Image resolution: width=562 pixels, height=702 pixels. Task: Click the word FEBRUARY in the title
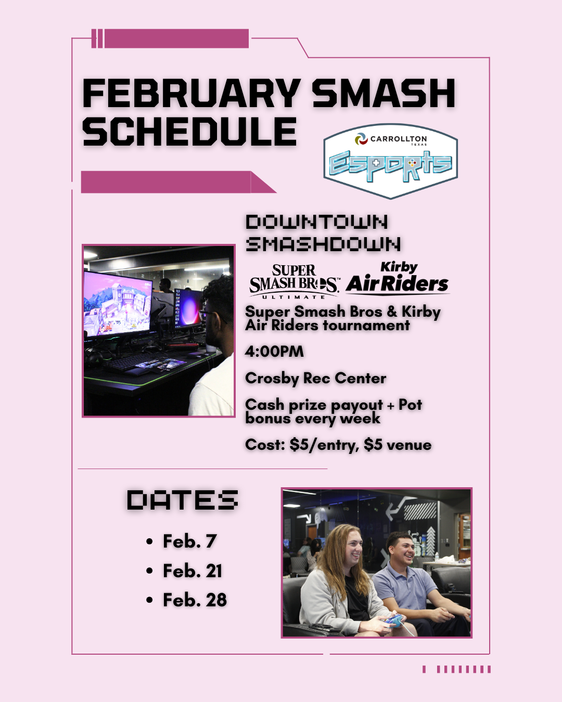click(191, 93)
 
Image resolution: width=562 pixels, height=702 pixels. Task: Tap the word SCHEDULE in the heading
click(189, 132)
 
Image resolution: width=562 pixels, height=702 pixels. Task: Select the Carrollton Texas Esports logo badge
click(391, 161)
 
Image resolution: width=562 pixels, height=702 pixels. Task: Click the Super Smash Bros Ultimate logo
click(293, 281)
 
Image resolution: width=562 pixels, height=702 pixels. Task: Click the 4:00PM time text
click(274, 352)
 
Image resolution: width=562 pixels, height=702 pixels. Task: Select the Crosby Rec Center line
click(315, 379)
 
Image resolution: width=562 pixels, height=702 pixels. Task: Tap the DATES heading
click(182, 499)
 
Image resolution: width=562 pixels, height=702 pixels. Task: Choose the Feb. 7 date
click(190, 541)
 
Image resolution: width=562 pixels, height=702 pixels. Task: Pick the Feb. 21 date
click(193, 570)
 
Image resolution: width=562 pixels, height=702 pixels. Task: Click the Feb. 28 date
click(195, 600)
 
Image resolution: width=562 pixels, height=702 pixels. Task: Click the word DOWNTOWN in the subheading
click(317, 222)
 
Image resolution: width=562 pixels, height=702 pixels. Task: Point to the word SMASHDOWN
click(323, 244)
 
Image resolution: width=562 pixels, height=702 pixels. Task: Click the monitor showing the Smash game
click(118, 303)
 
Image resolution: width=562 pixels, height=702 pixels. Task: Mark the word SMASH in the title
click(384, 93)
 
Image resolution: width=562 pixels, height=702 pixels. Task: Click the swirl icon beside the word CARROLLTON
click(361, 139)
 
